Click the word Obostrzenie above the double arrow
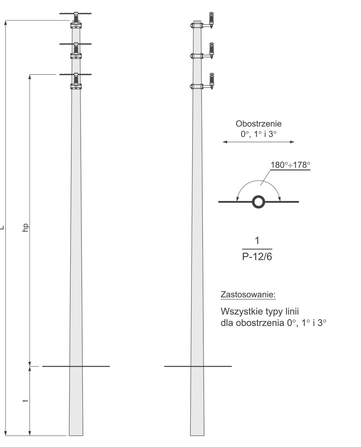(x=258, y=124)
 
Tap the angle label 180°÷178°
(x=290, y=165)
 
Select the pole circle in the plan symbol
(x=258, y=202)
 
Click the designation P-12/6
(x=257, y=257)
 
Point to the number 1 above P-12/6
(x=257, y=241)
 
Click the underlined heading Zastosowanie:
(x=248, y=295)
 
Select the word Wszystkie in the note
(x=241, y=311)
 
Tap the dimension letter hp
(x=25, y=228)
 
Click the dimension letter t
(x=25, y=400)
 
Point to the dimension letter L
(x=2, y=227)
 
